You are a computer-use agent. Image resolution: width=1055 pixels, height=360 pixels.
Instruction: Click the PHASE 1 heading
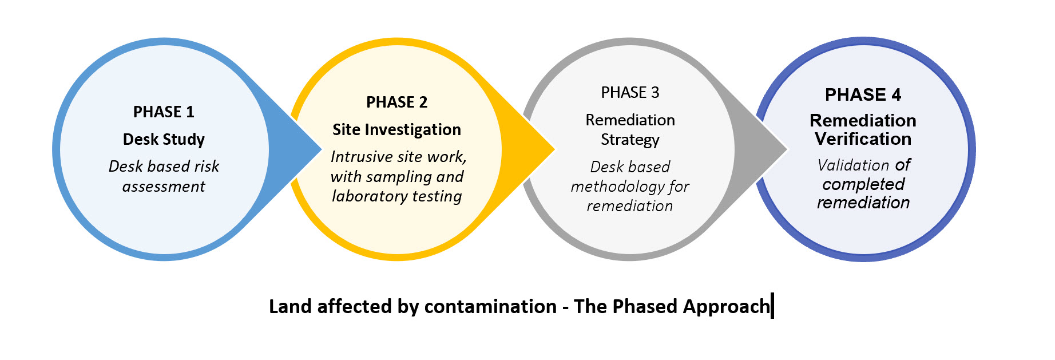coord(164,112)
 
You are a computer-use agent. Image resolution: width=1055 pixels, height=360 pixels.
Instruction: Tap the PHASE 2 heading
coord(396,102)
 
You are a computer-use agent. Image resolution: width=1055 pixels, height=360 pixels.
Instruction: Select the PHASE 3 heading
coord(630,92)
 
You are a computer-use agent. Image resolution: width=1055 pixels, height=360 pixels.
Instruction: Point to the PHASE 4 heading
coord(863,94)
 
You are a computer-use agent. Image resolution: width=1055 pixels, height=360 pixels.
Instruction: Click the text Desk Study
coord(164,139)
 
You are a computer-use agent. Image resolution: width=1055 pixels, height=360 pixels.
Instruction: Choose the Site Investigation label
coord(396,129)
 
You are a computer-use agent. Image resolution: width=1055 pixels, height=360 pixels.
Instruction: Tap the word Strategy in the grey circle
coord(630,140)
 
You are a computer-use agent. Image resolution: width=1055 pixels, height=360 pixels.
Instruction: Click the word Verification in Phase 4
coord(863,139)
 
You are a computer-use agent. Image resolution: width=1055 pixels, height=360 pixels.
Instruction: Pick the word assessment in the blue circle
coord(164,187)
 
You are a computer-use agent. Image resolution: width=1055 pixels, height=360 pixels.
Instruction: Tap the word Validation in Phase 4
coord(853,165)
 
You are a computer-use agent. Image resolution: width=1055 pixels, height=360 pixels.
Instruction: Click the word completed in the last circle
coord(863,184)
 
